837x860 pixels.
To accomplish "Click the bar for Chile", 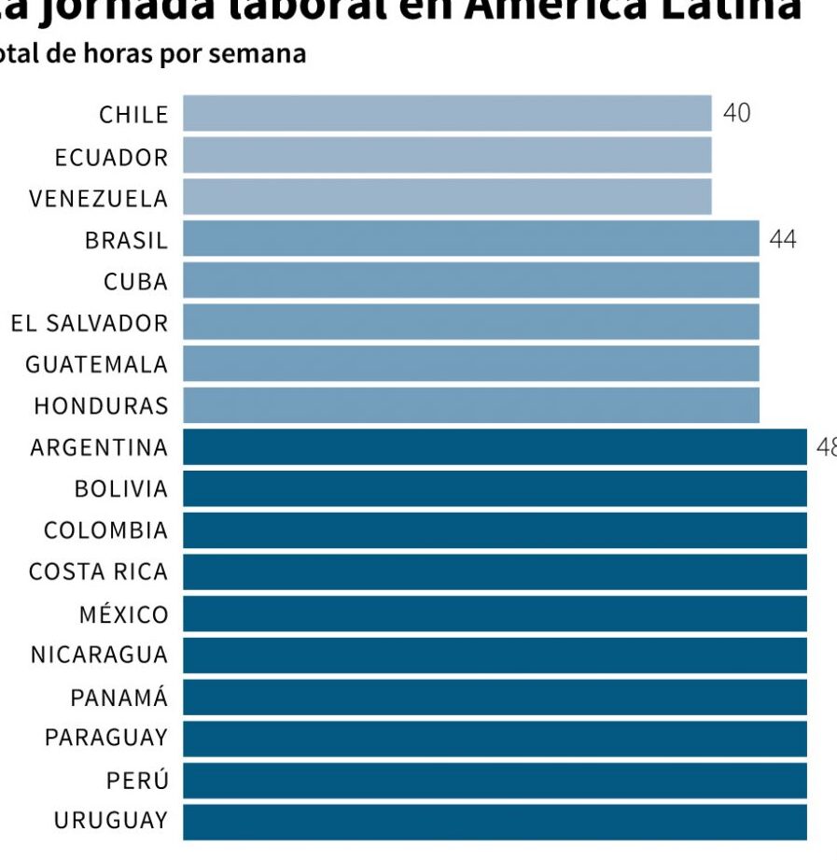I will tap(446, 113).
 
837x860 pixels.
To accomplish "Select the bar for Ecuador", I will tap(446, 155).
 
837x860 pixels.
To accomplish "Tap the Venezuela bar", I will tap(446, 197).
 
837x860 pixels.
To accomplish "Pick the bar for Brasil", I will tap(470, 238).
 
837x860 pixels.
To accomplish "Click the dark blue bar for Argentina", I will tap(495, 446).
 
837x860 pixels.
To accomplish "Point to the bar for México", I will tap(495, 613).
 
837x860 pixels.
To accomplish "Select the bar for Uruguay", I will tap(495, 822).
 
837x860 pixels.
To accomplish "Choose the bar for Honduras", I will tap(470, 405).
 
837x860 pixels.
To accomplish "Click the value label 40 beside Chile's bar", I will tap(736, 113).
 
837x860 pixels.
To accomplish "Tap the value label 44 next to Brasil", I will tap(783, 239).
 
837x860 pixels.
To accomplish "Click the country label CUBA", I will tap(136, 281).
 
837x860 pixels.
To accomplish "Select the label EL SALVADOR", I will tap(90, 323).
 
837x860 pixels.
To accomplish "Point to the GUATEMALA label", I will tap(97, 364).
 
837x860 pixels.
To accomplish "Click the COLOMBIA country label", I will tap(106, 530).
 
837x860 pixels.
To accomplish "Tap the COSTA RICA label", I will tap(99, 571).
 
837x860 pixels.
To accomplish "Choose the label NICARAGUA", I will tap(100, 656).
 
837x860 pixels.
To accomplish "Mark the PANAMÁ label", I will tap(119, 698).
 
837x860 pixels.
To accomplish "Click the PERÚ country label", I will tap(138, 780).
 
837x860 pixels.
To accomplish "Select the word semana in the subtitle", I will tap(258, 54).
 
